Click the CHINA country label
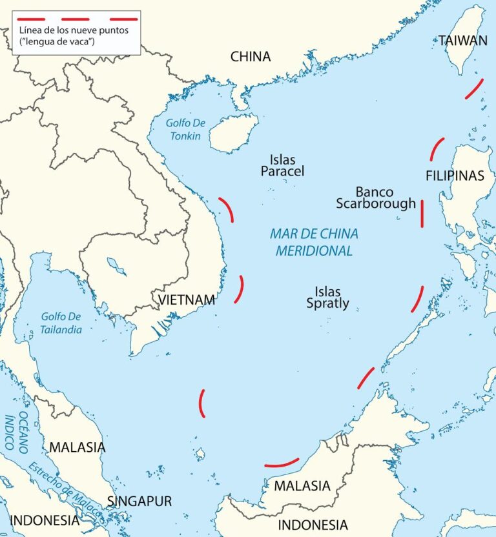[251, 57]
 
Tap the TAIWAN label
[463, 40]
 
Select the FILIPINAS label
[455, 176]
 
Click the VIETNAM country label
[187, 299]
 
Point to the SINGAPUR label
[139, 501]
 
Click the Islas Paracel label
[282, 166]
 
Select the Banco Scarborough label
[375, 198]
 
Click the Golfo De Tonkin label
[183, 130]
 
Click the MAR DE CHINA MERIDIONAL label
[314, 242]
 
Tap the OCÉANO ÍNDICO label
[16, 429]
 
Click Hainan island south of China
[233, 132]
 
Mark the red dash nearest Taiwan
[474, 89]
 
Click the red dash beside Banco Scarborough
[422, 214]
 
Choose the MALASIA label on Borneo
[302, 485]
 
